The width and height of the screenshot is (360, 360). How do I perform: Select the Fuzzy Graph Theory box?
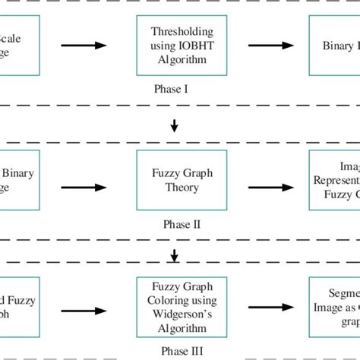tap(182, 179)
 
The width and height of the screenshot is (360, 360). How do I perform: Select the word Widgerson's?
tap(182, 315)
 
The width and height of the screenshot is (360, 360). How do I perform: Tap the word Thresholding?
tap(182, 32)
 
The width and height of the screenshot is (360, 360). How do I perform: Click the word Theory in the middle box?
tap(182, 186)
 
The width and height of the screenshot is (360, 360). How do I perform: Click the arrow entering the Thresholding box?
tap(84, 46)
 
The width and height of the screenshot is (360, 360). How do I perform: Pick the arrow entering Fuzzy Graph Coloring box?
tap(84, 310)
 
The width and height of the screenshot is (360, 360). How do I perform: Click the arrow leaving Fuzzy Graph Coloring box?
tap(272, 310)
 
